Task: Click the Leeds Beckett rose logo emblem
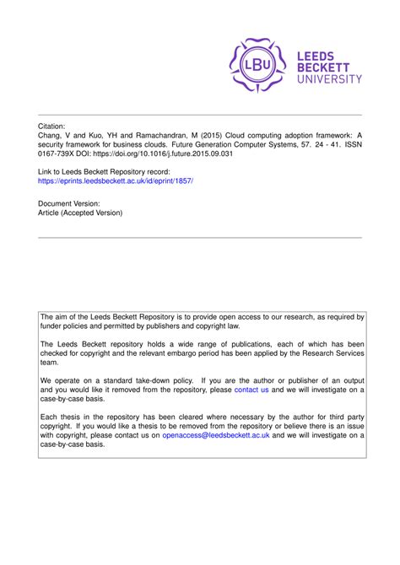point(258,65)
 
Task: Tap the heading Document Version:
point(70,203)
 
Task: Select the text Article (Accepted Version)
point(81,213)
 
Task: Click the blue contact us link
point(251,390)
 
